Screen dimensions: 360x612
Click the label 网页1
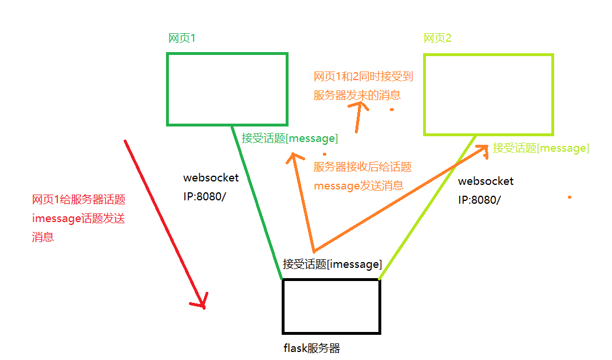[x=182, y=38]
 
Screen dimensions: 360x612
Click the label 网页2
[x=437, y=38]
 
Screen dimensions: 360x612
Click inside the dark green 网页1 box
[x=227, y=89]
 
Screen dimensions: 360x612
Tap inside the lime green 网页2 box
[x=488, y=94]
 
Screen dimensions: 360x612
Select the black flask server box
[x=331, y=306]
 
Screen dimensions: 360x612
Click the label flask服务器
[x=311, y=349]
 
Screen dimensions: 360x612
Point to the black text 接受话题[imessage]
[x=332, y=264]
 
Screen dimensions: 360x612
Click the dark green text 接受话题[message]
[x=290, y=138]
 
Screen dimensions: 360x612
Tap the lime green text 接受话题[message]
[x=540, y=148]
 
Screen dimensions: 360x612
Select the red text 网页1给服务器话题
[x=79, y=200]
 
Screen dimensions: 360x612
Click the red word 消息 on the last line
[x=43, y=237]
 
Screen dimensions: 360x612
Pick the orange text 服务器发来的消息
[x=357, y=95]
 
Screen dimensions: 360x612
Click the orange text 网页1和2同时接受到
[x=363, y=76]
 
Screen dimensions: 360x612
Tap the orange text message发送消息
[x=358, y=185]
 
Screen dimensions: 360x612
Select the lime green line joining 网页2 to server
[x=427, y=208]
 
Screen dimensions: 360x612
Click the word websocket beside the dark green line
[x=211, y=178]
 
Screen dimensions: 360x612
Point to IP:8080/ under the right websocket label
[x=480, y=200]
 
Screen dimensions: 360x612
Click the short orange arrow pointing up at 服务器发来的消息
[x=359, y=117]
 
